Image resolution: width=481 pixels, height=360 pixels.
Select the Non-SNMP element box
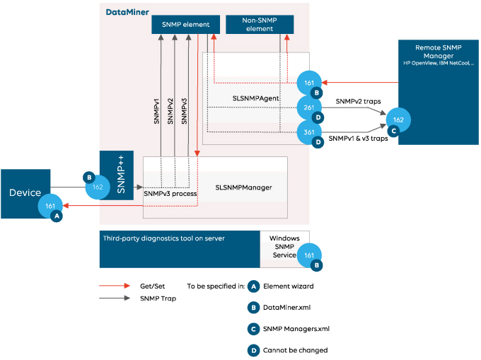click(x=260, y=25)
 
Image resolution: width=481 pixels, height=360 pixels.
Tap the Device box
click(x=25, y=192)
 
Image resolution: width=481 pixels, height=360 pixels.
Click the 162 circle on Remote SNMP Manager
click(x=398, y=120)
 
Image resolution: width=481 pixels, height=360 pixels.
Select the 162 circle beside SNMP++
click(x=98, y=187)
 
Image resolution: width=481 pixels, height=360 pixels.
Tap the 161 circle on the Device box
click(x=50, y=207)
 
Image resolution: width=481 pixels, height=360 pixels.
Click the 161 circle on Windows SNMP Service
click(x=309, y=255)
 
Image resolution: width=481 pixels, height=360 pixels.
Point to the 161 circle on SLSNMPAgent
click(x=309, y=83)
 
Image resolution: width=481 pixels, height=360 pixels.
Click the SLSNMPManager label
click(x=244, y=188)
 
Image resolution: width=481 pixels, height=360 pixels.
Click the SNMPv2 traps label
click(x=358, y=101)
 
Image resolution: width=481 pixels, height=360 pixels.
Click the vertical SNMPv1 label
click(x=157, y=112)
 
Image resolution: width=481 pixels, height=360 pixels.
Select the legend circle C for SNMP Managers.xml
click(x=253, y=329)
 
